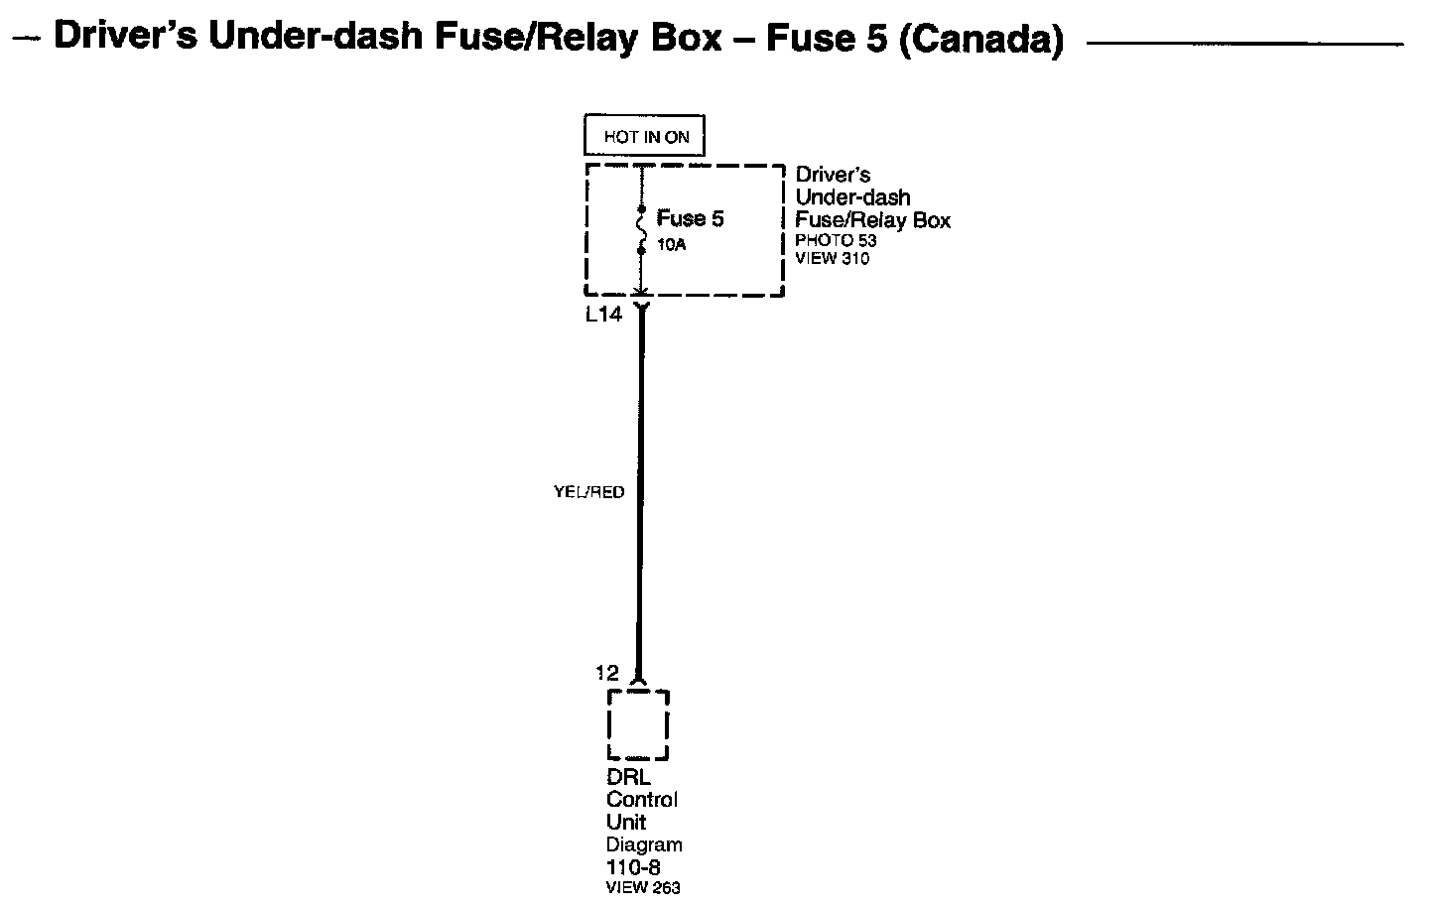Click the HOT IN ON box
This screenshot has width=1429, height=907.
click(x=645, y=137)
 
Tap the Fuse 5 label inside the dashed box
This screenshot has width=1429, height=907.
click(x=690, y=218)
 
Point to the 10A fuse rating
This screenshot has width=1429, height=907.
click(x=671, y=243)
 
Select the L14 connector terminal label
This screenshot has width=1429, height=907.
click(x=603, y=316)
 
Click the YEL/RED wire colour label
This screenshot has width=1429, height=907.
click(x=588, y=492)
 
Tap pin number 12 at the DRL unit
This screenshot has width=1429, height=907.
click(x=606, y=673)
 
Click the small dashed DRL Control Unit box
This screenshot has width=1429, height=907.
click(x=637, y=724)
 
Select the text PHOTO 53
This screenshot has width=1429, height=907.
click(x=836, y=241)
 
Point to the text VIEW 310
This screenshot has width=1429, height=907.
click(x=832, y=259)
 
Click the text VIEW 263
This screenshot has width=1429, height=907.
click(x=643, y=888)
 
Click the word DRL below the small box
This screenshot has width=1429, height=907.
click(x=627, y=777)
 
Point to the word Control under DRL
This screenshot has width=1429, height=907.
click(x=642, y=800)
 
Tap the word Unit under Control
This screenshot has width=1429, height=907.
click(x=626, y=823)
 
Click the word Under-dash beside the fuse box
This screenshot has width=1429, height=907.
click(x=852, y=197)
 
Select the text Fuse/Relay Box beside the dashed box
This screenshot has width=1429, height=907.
click(x=872, y=220)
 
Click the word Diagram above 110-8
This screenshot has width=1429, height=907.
click(x=644, y=845)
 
